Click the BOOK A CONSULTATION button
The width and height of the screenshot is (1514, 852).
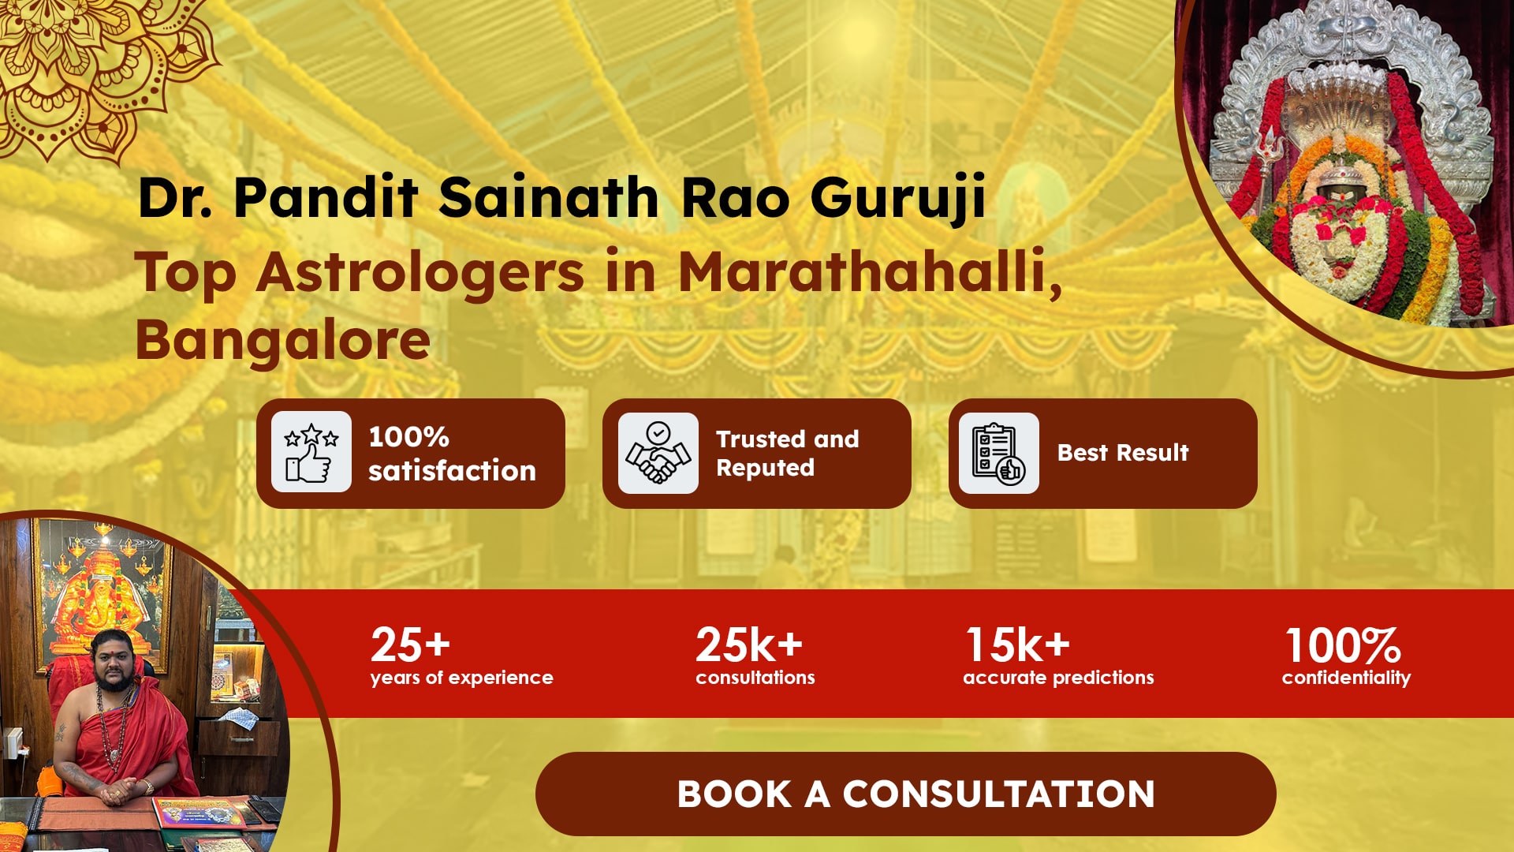(905, 794)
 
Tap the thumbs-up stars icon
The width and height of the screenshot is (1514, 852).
(311, 452)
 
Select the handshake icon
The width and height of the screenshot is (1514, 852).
(658, 453)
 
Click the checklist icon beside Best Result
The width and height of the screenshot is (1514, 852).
(998, 453)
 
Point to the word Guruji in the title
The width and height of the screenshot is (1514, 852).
(898, 199)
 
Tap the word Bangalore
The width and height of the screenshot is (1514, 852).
(283, 340)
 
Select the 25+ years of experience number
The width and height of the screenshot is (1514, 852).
(410, 645)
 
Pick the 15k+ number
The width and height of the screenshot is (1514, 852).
(1018, 645)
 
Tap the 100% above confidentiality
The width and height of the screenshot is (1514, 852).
(1343, 645)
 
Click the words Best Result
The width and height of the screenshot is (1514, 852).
(1123, 453)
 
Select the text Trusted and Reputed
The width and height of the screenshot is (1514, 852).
(787, 453)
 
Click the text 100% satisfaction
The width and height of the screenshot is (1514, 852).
(452, 454)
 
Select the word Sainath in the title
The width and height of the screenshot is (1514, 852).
(549, 197)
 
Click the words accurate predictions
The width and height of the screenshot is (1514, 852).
(1058, 678)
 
